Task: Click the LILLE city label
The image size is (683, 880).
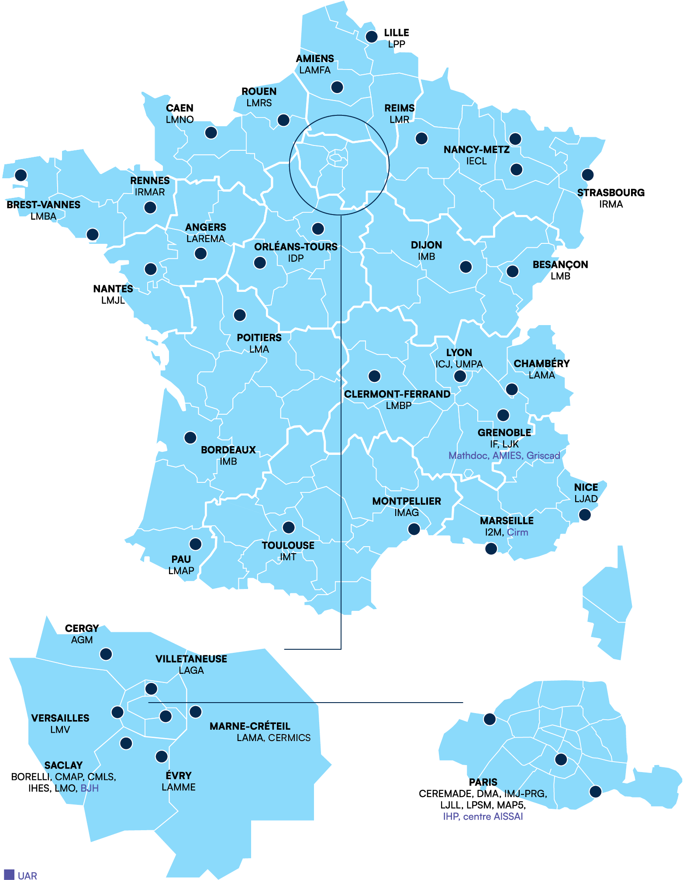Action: click(x=396, y=33)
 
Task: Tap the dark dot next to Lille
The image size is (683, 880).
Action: click(x=371, y=37)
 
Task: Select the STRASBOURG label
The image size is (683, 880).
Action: click(x=611, y=193)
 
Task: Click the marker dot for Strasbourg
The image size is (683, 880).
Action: click(x=587, y=175)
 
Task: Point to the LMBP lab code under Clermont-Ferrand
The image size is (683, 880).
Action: click(x=398, y=405)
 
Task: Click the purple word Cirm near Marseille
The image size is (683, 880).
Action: click(x=517, y=532)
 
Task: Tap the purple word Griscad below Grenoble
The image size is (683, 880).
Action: click(x=543, y=455)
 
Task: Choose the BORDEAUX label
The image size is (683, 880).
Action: click(x=228, y=450)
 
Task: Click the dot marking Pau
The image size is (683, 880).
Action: click(x=195, y=544)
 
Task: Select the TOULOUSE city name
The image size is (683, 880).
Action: click(x=288, y=545)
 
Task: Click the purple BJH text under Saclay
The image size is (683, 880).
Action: click(x=90, y=788)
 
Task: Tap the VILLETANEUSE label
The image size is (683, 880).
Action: click(x=191, y=659)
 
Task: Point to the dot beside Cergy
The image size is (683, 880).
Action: click(x=106, y=654)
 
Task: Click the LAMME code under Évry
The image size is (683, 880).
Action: click(x=178, y=787)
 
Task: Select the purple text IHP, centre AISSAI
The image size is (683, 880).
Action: click(x=483, y=816)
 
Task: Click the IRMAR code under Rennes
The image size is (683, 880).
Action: click(x=150, y=192)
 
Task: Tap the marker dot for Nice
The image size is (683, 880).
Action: click(x=584, y=515)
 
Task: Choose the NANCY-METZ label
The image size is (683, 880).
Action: click(x=476, y=150)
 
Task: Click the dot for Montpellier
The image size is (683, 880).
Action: click(x=414, y=529)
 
